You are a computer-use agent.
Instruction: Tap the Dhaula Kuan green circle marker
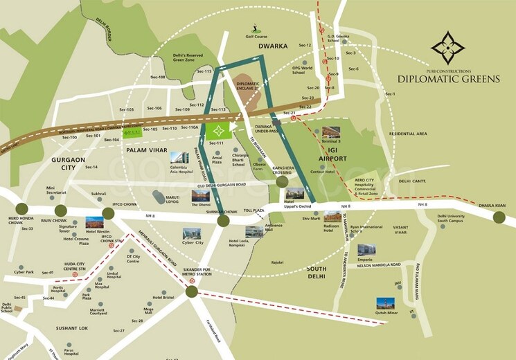pos(499,217)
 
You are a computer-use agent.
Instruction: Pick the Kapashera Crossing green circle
pos(282,181)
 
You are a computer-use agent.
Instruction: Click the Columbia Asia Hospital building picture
pos(179,159)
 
